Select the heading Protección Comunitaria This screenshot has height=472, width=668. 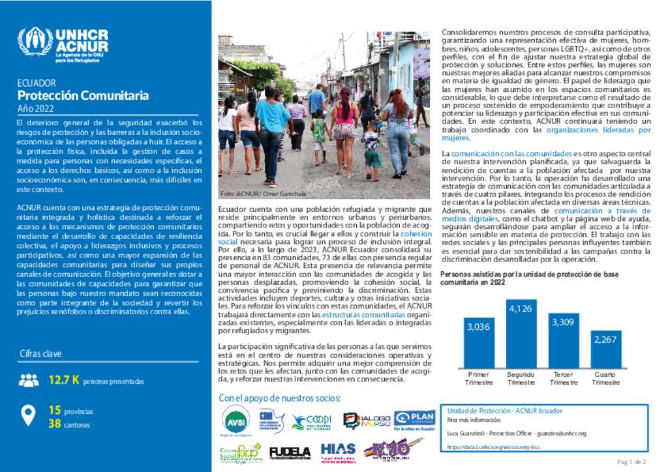83,96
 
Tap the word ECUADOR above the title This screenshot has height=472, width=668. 36,83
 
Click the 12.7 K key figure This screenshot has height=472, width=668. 64,380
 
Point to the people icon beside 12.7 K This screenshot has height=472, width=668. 29,380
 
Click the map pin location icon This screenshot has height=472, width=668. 29,415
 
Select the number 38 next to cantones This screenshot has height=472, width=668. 55,424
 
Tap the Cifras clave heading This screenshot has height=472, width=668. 40,353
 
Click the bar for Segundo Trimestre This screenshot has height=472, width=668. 521,332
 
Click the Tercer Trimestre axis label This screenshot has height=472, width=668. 564,378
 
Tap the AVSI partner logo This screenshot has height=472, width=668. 235,419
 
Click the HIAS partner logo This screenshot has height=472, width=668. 338,451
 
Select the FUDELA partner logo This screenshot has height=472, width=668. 290,452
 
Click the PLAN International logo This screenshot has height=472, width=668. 414,420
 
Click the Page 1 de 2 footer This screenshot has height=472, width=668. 631,462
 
